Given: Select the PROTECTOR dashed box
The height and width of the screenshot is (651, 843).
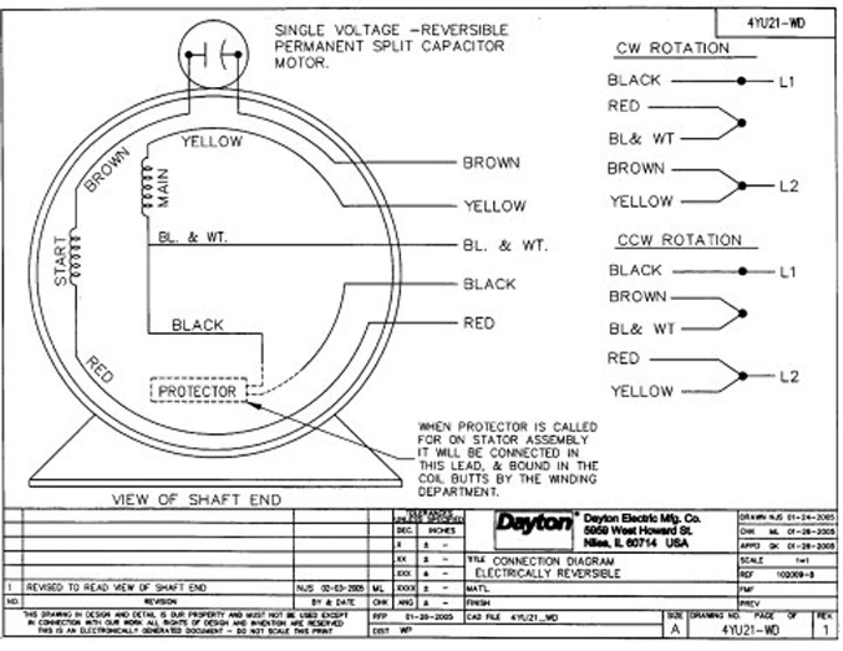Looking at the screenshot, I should [x=198, y=391].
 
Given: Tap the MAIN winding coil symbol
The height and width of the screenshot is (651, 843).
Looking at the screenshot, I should [x=143, y=190].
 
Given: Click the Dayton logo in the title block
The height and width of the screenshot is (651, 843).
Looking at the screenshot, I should [x=534, y=524].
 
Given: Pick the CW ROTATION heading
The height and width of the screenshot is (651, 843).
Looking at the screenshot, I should [x=672, y=49].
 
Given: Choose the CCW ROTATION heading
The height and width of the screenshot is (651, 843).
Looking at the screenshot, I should [x=679, y=240].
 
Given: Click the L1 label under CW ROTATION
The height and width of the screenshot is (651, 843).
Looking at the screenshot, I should [x=787, y=82].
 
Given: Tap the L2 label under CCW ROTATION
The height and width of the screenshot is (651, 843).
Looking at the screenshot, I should [x=788, y=377].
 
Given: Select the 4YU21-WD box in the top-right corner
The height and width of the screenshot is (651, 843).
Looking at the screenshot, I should [x=776, y=24].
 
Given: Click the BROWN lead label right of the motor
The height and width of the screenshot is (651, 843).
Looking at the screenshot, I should [x=491, y=163].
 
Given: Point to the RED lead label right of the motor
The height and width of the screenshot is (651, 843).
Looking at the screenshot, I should [x=479, y=323].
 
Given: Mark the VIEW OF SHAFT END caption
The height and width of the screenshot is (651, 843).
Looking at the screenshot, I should [x=196, y=500].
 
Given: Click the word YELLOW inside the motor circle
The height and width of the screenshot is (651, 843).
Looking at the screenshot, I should [x=211, y=141].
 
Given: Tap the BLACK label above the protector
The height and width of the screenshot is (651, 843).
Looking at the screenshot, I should [x=198, y=325].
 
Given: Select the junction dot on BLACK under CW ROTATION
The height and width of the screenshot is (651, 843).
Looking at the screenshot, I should [x=742, y=81].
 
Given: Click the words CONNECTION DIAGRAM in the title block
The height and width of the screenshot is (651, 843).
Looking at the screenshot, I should [x=553, y=561].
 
